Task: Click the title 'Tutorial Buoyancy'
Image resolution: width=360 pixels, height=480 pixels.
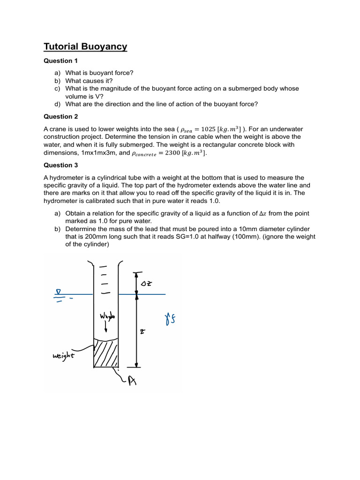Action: click(x=85, y=46)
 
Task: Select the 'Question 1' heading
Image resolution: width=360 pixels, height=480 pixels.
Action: click(x=61, y=61)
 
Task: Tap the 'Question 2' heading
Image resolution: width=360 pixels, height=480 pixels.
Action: click(x=61, y=116)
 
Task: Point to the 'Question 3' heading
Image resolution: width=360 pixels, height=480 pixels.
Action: click(x=61, y=165)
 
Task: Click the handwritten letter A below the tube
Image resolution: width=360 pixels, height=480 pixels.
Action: click(x=132, y=381)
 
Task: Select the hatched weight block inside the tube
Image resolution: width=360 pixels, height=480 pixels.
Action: click(x=105, y=353)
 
